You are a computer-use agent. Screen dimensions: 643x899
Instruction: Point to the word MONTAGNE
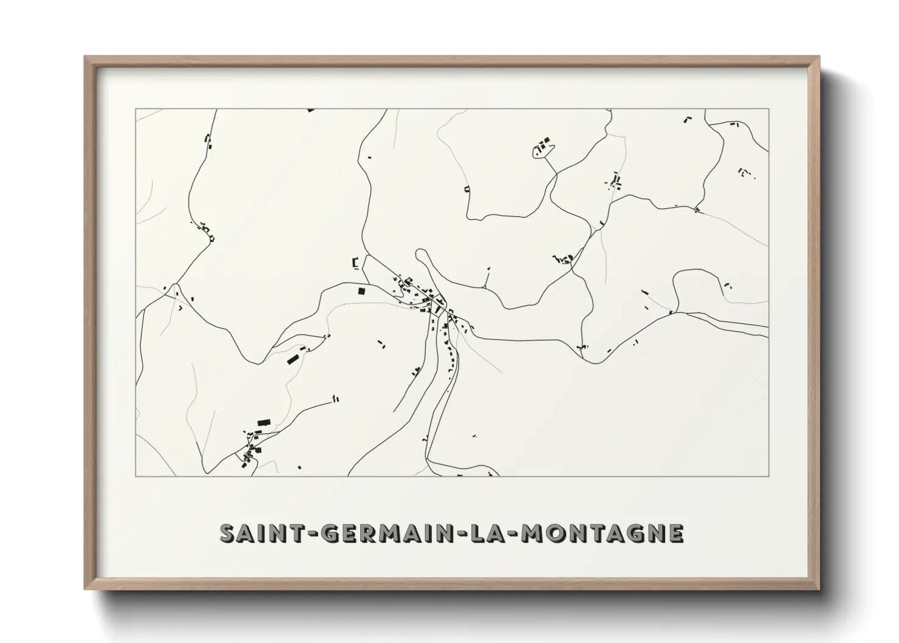(603, 533)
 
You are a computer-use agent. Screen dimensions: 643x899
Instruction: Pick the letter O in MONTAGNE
(555, 533)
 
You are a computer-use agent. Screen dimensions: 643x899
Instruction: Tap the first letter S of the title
(227, 533)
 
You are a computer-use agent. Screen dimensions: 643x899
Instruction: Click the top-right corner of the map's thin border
(769, 109)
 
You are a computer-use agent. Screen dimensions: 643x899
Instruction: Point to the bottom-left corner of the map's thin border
(136, 476)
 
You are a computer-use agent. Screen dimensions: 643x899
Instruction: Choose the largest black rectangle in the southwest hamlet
(263, 422)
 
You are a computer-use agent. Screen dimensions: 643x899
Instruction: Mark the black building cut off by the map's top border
(311, 110)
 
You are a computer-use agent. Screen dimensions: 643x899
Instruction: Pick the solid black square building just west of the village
(362, 291)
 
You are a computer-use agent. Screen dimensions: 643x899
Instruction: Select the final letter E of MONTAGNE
(675, 533)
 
